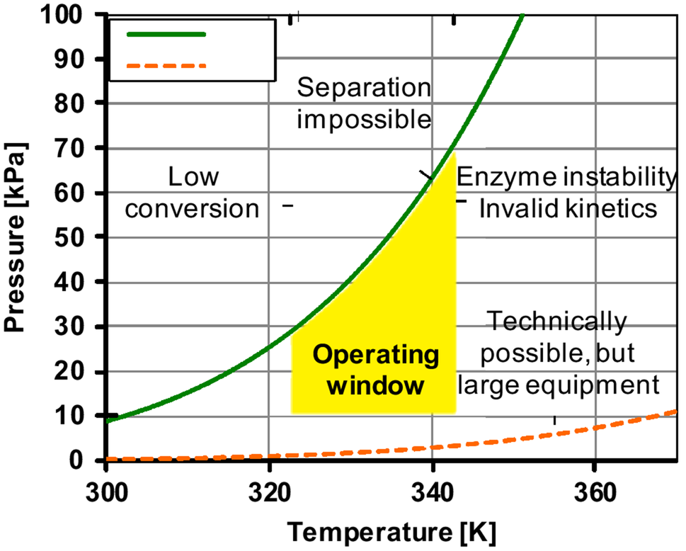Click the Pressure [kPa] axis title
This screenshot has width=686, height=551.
16,237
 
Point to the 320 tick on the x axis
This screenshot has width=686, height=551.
269,490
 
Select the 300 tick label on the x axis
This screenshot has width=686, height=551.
106,490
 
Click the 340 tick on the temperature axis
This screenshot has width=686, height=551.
433,490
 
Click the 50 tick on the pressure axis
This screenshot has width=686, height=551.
84,237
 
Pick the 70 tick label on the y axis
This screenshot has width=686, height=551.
84,148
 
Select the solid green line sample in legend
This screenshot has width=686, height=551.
166,34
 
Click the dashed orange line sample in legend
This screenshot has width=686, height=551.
166,66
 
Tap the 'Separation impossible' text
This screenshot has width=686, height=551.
364,103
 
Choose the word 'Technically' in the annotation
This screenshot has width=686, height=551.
558,322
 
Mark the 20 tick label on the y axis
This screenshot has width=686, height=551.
84,371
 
